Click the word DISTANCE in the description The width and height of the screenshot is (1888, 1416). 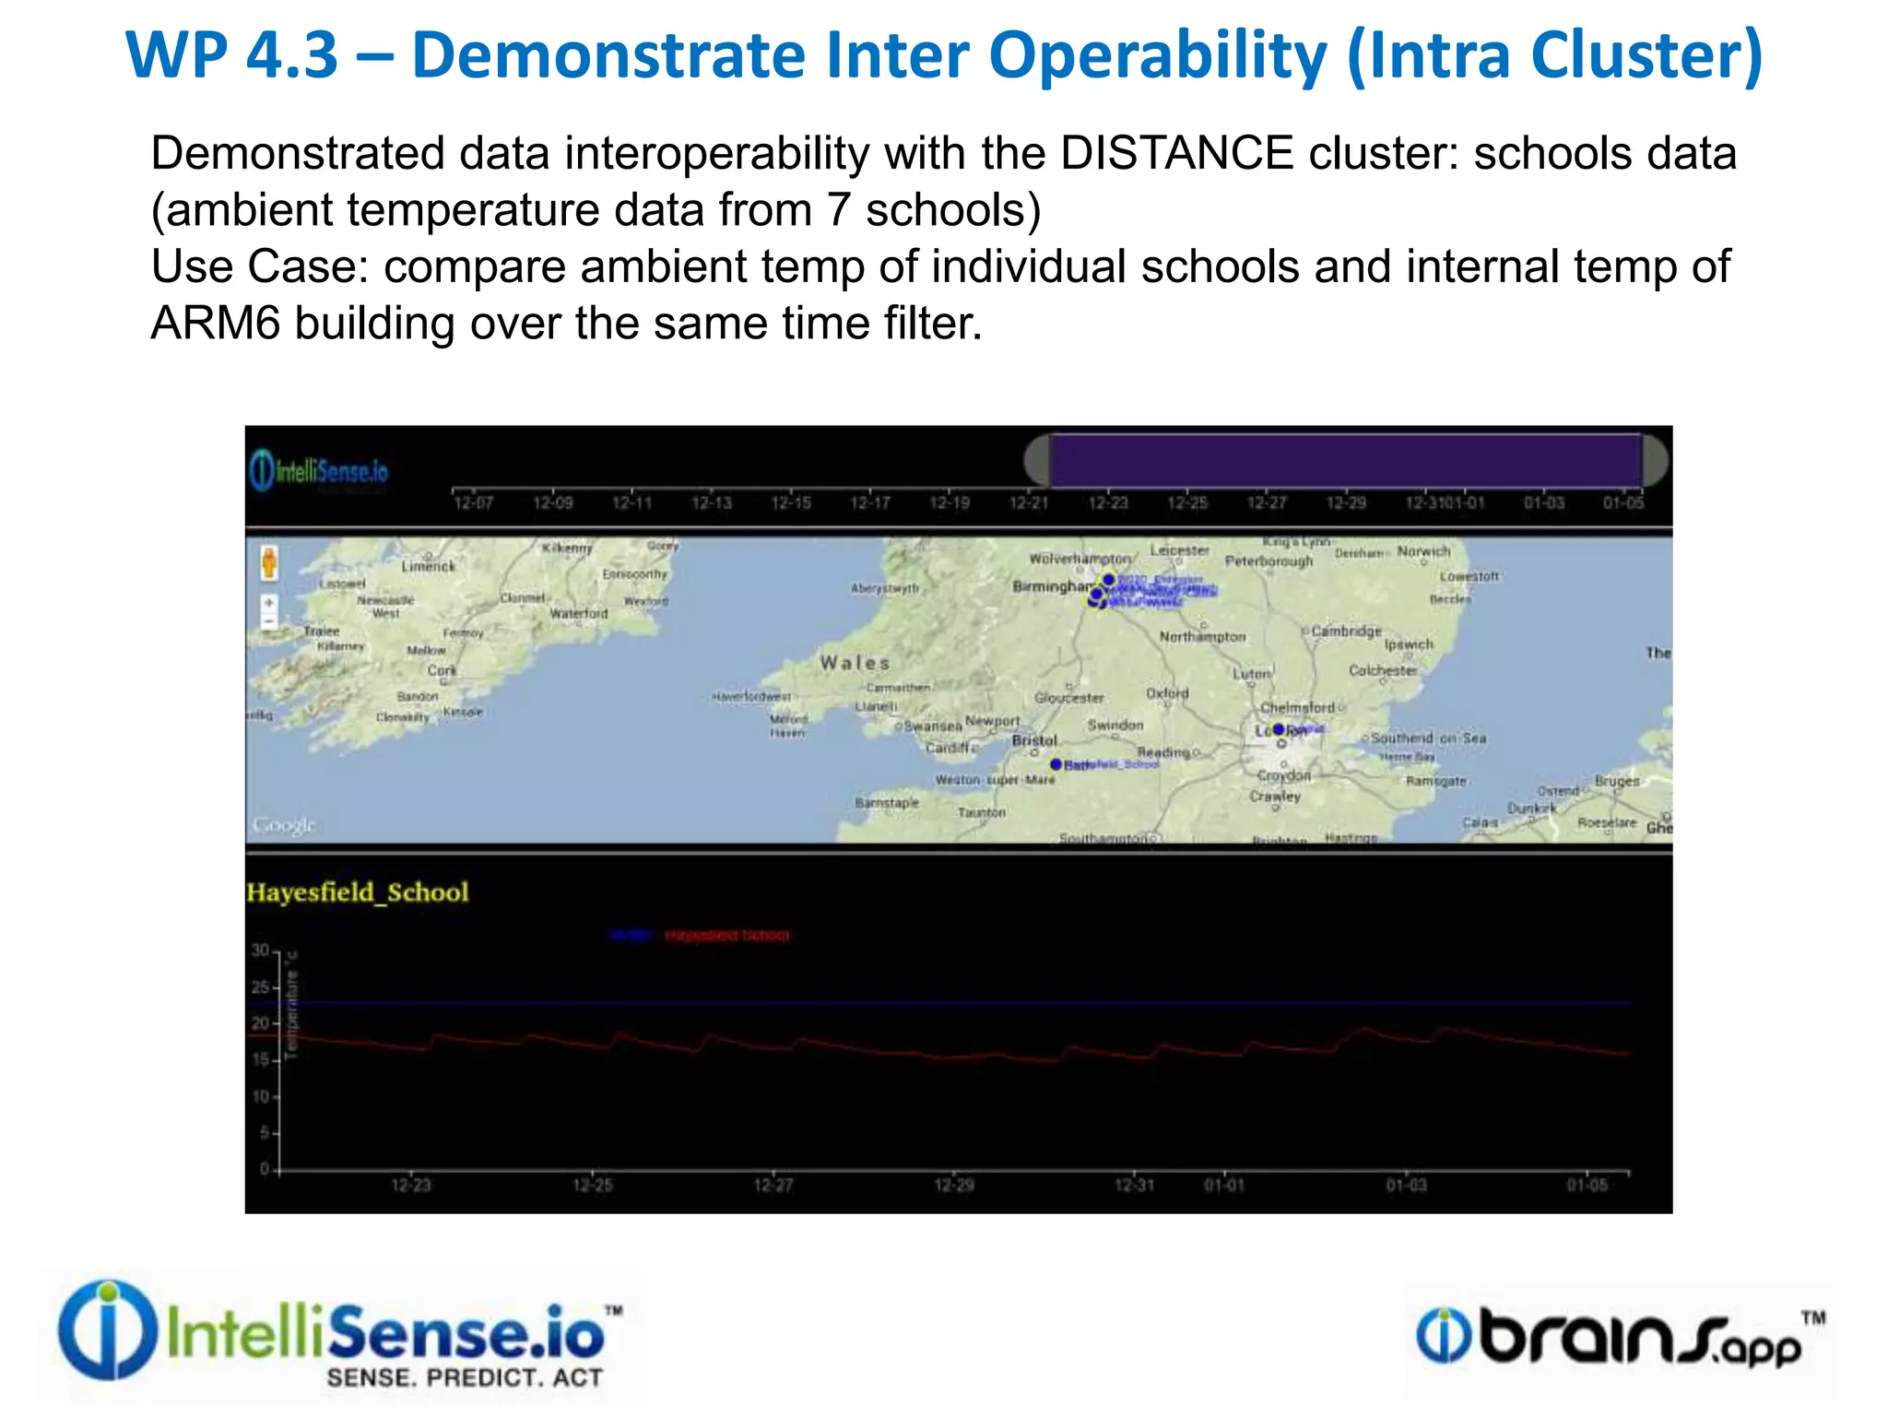pos(1176,154)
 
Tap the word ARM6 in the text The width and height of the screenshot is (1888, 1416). pos(215,324)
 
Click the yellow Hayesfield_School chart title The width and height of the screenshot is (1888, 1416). pos(358,892)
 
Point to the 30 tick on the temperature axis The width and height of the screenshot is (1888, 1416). pos(261,950)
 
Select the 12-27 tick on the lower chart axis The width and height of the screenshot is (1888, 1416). pos(773,1185)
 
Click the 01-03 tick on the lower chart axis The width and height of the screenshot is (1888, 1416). pos(1406,1185)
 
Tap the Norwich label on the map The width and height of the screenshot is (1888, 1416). pos(1423,551)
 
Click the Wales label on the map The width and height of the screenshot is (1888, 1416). pos(855,663)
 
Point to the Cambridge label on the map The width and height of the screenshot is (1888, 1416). pos(1346,631)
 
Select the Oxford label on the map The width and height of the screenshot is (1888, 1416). pos(1167,693)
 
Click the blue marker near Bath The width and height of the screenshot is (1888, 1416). pos(1056,764)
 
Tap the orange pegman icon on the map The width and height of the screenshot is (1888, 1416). pos(269,561)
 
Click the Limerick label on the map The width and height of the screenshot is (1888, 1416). pos(429,566)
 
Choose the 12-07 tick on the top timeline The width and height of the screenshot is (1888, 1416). pos(473,502)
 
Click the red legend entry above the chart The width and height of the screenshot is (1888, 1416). pos(726,936)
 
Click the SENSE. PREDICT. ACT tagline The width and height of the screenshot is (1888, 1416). pos(465,1378)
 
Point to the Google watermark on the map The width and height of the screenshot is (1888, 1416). pos(284,825)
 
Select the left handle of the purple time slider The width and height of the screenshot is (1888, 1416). pos(1038,460)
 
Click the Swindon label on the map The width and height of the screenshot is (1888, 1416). pos(1115,726)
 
